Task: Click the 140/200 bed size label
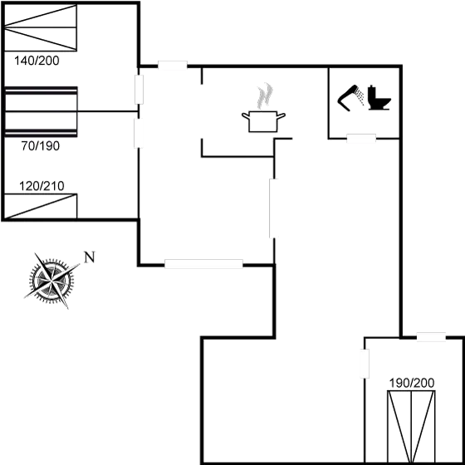37,60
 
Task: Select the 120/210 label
42,185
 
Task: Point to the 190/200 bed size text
411,383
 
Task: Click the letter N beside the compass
89,257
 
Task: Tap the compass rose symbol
50,280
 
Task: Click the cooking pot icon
261,120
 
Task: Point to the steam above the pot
264,94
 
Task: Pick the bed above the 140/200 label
42,31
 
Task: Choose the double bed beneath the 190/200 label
411,425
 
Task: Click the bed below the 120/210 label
42,206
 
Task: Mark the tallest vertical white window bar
273,208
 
